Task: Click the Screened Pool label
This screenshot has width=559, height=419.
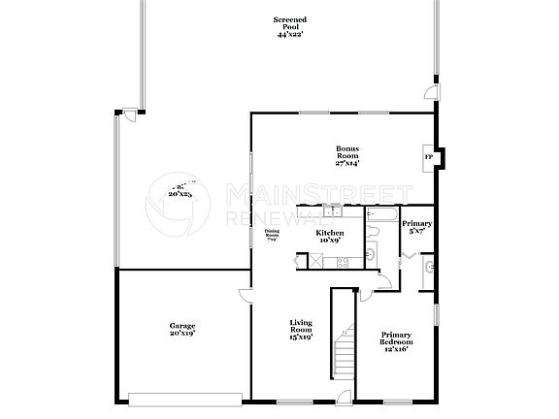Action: tap(291, 21)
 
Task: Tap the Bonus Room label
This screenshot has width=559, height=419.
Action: tap(348, 152)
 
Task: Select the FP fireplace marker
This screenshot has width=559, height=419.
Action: tap(428, 156)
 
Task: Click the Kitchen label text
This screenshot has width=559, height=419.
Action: tap(330, 234)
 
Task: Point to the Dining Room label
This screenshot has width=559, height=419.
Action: tap(273, 236)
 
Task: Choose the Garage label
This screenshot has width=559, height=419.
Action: tap(182, 326)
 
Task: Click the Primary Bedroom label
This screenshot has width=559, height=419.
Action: tap(396, 338)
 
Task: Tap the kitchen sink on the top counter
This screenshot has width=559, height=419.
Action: tap(334, 210)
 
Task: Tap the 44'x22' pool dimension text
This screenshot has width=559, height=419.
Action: tap(291, 34)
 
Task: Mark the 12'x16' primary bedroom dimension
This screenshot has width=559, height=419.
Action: tap(396, 350)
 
